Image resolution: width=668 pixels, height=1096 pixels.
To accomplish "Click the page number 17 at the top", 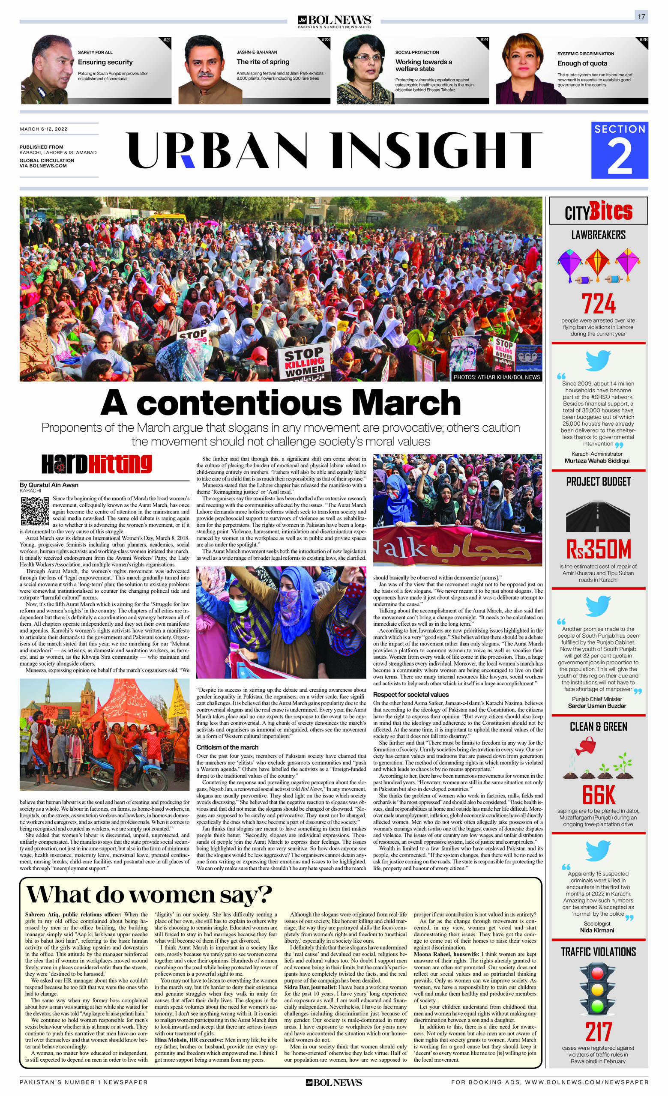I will tap(641, 16).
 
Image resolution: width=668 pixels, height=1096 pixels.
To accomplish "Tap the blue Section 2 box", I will tap(619, 150).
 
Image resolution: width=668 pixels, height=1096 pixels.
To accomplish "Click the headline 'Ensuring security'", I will tap(105, 62).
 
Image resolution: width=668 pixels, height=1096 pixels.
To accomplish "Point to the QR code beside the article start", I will tap(35, 511).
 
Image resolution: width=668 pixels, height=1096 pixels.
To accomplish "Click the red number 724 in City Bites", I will tap(599, 304).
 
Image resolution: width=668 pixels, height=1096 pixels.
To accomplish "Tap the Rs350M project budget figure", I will tap(599, 549).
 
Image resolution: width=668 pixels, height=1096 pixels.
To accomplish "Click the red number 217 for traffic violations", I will tap(599, 1032).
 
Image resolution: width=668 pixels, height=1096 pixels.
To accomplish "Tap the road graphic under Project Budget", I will tap(598, 516).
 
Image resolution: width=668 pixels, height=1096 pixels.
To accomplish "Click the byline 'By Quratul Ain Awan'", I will tap(49, 485).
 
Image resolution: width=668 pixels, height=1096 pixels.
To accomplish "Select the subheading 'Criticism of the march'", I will tap(227, 747).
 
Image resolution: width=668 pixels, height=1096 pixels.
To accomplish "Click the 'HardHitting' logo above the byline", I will tap(96, 464).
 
